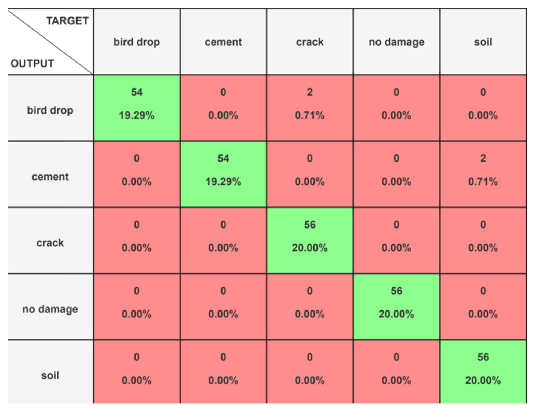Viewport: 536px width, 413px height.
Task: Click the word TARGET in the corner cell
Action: click(x=67, y=21)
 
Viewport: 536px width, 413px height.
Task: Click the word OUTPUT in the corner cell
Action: click(x=32, y=64)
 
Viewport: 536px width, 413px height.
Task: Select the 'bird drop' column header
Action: click(x=137, y=42)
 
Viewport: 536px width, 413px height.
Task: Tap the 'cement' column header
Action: click(x=223, y=42)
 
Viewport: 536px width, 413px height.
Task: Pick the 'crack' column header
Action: click(x=310, y=42)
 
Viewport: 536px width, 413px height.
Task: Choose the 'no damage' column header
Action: click(x=396, y=42)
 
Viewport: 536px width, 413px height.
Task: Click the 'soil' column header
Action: click(x=483, y=42)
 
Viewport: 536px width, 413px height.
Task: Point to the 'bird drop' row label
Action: click(x=50, y=110)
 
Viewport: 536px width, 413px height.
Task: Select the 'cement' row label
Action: click(x=50, y=177)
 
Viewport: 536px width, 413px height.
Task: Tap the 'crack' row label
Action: click(x=50, y=243)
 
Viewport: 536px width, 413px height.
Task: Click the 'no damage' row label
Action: click(x=50, y=309)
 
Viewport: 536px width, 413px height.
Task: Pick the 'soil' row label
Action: click(x=50, y=375)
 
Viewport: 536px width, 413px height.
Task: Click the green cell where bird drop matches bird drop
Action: click(x=137, y=107)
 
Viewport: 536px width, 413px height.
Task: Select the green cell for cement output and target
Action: click(x=223, y=174)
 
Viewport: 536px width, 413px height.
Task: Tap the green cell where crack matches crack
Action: click(x=310, y=240)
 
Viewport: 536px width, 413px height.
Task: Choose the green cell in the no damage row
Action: click(x=396, y=306)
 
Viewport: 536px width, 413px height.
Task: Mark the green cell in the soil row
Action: click(x=483, y=372)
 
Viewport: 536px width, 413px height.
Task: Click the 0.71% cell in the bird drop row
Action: click(x=310, y=107)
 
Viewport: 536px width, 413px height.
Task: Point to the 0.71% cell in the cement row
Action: click(x=483, y=174)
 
